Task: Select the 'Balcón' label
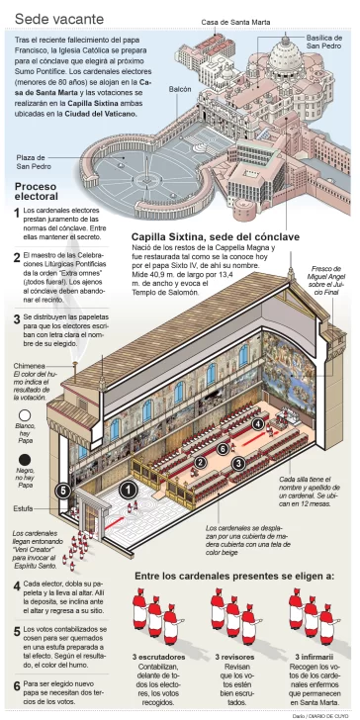pos(179,89)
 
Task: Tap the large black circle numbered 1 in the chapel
pos(129,489)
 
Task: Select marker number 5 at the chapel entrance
pos(63,490)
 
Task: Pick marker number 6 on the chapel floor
pos(224,448)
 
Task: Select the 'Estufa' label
pos(23,508)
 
